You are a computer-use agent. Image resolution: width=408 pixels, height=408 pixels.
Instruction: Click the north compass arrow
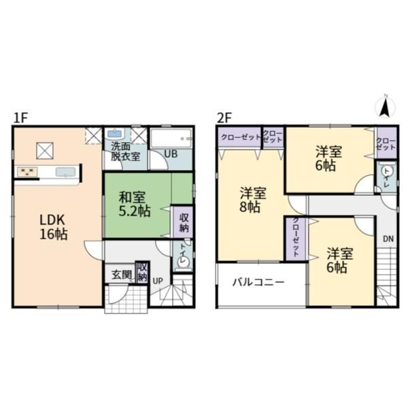pyautogui.click(x=384, y=107)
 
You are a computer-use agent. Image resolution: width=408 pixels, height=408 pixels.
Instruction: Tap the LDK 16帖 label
pyautogui.click(x=53, y=227)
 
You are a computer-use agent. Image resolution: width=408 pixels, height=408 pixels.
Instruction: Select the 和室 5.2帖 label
pyautogui.click(x=135, y=204)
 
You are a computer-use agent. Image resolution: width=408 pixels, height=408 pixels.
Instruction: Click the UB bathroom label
pyautogui.click(x=171, y=154)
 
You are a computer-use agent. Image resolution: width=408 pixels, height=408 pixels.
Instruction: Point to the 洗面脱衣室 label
pyautogui.click(x=125, y=151)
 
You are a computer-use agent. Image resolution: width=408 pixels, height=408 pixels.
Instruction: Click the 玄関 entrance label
pyautogui.click(x=121, y=275)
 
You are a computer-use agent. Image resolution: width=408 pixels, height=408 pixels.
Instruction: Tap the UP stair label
pyautogui.click(x=158, y=281)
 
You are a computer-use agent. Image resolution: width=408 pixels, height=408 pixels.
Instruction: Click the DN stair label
pyautogui.click(x=388, y=239)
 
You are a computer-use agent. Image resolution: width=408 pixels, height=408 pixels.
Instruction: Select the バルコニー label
pyautogui.click(x=258, y=282)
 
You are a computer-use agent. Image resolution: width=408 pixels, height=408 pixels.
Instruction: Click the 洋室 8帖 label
pyautogui.click(x=253, y=200)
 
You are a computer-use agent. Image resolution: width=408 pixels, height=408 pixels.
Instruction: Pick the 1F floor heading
pyautogui.click(x=20, y=118)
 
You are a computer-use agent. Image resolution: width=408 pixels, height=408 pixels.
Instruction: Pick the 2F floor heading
pyautogui.click(x=224, y=118)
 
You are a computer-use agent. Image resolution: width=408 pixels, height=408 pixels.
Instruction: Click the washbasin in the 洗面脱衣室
pyautogui.click(x=115, y=134)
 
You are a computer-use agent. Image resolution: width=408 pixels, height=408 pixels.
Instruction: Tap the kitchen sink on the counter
pyautogui.click(x=65, y=172)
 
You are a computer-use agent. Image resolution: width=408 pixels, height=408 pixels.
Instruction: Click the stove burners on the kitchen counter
pyautogui.click(x=27, y=172)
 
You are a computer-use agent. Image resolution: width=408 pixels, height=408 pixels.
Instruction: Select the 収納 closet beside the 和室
pyautogui.click(x=184, y=222)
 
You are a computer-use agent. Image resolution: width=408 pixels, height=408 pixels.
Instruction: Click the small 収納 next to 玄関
pyautogui.click(x=142, y=272)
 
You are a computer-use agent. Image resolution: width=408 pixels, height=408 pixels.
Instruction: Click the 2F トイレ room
pyautogui.click(x=387, y=177)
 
